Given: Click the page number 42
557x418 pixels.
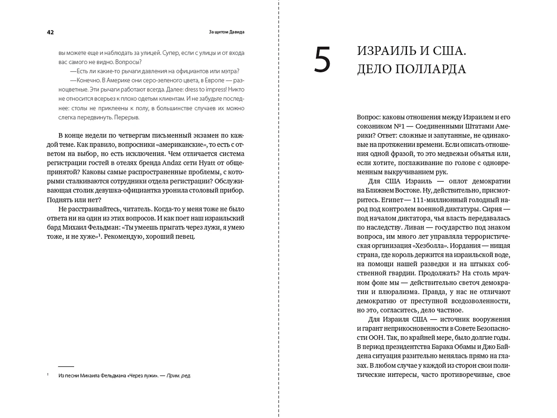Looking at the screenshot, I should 50,32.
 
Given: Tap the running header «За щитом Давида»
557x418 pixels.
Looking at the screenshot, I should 226,32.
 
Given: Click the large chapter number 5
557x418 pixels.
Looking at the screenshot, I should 322,60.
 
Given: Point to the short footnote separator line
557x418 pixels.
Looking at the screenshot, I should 66,367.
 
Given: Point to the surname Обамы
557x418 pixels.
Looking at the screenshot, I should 461,347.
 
